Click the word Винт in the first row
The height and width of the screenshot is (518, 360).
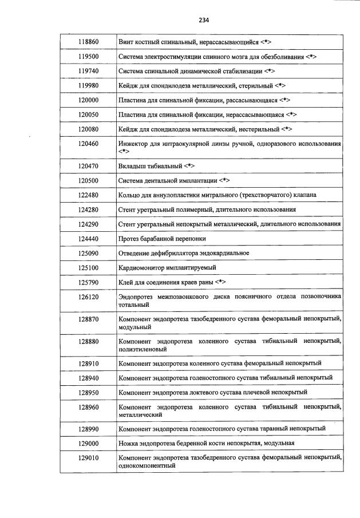coord(125,42)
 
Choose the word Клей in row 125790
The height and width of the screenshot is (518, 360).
coord(126,282)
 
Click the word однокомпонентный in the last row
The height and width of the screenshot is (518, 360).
coord(146,465)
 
